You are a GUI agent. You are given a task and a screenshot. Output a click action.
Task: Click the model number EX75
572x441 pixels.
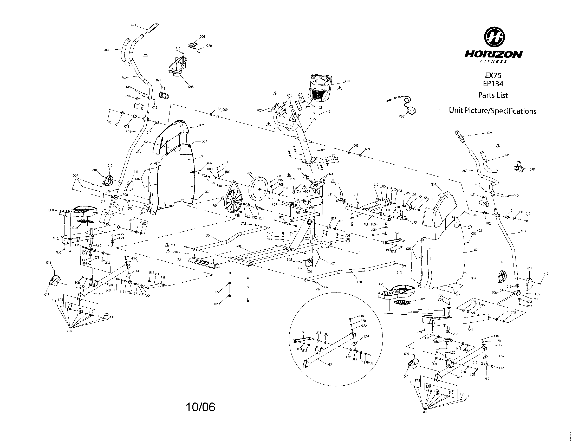(x=493, y=75)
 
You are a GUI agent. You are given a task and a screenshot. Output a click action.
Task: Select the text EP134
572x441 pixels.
(x=493, y=84)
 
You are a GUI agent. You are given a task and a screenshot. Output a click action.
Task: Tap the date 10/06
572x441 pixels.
(x=200, y=407)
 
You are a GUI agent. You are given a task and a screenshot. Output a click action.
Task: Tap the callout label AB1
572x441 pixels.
(x=239, y=247)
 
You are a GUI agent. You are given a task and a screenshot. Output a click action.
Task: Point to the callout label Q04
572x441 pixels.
(x=433, y=184)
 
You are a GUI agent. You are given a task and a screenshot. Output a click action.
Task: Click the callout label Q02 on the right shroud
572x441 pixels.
(x=476, y=250)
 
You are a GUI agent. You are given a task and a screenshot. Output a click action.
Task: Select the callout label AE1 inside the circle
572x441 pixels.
(x=329, y=365)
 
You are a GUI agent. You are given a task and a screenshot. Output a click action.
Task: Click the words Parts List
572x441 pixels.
(x=493, y=95)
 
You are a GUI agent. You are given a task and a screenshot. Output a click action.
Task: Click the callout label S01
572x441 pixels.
(x=310, y=272)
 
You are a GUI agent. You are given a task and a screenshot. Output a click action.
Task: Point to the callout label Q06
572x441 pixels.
(x=202, y=37)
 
